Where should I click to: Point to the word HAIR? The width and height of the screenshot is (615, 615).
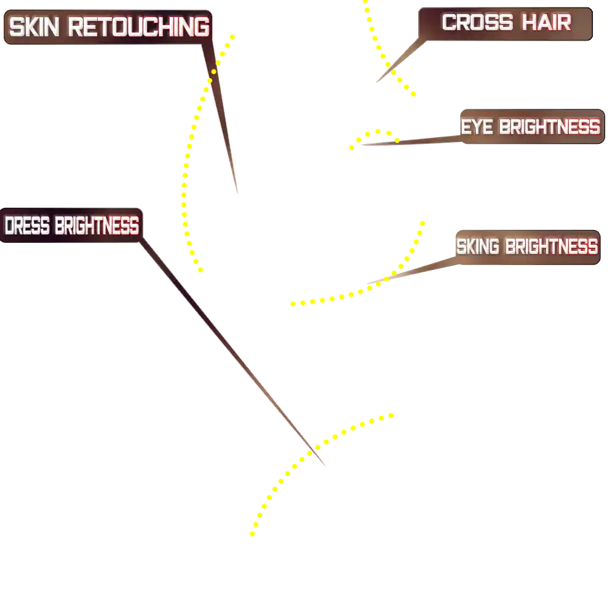click(x=546, y=23)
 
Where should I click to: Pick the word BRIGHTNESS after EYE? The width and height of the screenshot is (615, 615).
click(x=549, y=127)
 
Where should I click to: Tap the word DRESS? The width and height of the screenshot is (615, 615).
click(x=27, y=226)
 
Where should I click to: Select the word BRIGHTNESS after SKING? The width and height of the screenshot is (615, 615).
click(x=551, y=247)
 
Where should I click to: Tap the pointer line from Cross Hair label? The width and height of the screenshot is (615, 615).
click(x=400, y=61)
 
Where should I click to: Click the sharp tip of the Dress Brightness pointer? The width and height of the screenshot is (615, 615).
click(x=325, y=466)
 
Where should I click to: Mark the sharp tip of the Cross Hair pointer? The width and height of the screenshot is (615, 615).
click(x=376, y=82)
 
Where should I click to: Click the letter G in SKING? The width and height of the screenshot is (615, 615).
click(x=494, y=247)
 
